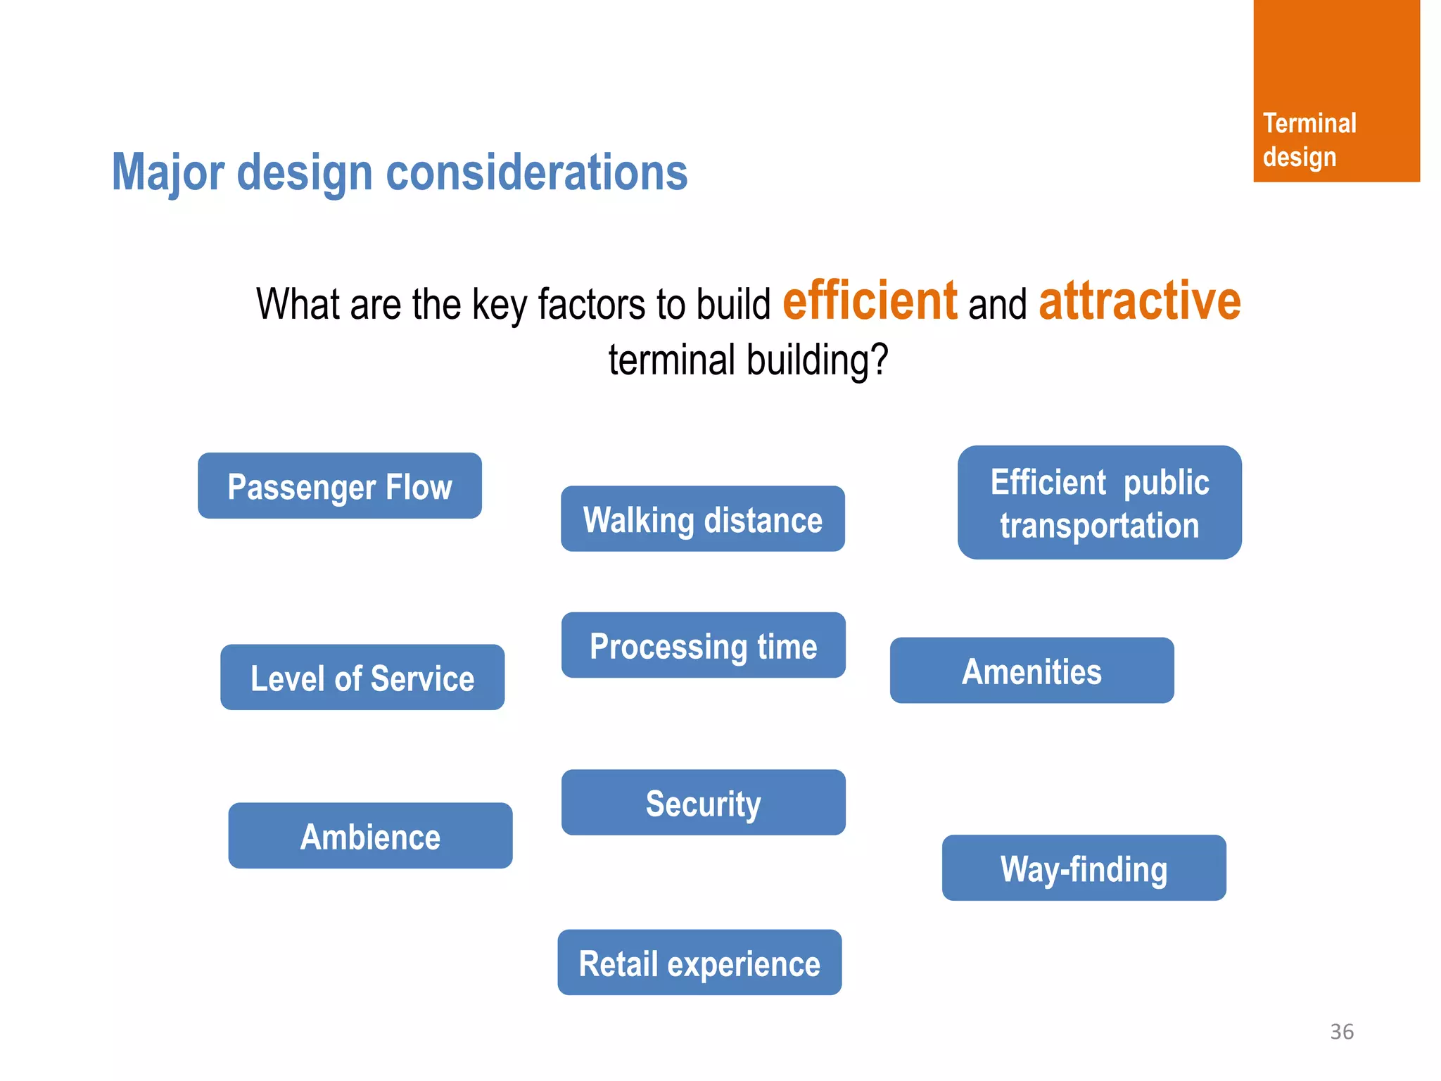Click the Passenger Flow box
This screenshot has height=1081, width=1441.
point(339,486)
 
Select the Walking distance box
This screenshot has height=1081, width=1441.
point(702,519)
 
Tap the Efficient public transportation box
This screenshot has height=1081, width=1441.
point(1099,502)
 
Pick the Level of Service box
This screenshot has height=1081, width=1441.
point(362,678)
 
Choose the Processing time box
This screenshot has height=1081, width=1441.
point(703,645)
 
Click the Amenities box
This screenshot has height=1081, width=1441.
point(1031,671)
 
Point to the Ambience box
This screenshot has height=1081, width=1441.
point(370,836)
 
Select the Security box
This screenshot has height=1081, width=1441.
point(703,803)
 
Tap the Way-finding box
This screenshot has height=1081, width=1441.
point(1084,868)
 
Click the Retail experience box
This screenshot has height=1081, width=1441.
point(699,963)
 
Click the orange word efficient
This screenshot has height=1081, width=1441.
point(870,301)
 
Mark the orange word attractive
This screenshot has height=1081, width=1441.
point(1139,301)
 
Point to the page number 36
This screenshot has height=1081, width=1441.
point(1341,1032)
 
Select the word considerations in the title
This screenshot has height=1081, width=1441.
point(536,172)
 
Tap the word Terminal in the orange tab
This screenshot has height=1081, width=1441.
point(1309,124)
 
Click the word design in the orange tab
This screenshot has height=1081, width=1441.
point(1299,157)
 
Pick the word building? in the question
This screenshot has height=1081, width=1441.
point(817,360)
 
